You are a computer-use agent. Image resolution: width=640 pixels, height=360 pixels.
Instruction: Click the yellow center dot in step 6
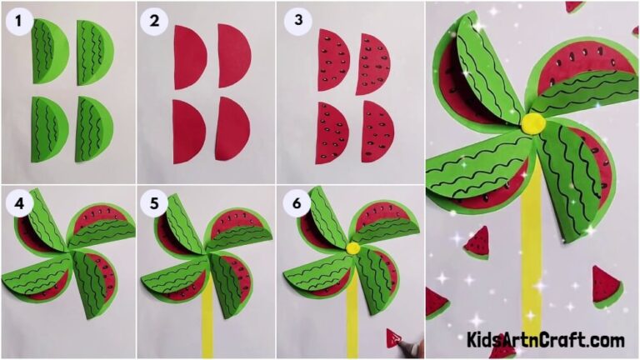pyautogui.click(x=353, y=247)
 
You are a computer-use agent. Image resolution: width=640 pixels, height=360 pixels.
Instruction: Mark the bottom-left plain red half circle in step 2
pyautogui.click(x=187, y=131)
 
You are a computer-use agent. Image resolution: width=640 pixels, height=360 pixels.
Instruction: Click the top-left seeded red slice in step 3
pyautogui.click(x=332, y=60)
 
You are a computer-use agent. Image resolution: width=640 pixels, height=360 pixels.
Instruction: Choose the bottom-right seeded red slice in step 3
pyautogui.click(x=377, y=131)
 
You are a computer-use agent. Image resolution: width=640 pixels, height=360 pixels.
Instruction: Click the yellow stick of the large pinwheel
pyautogui.click(x=531, y=250)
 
